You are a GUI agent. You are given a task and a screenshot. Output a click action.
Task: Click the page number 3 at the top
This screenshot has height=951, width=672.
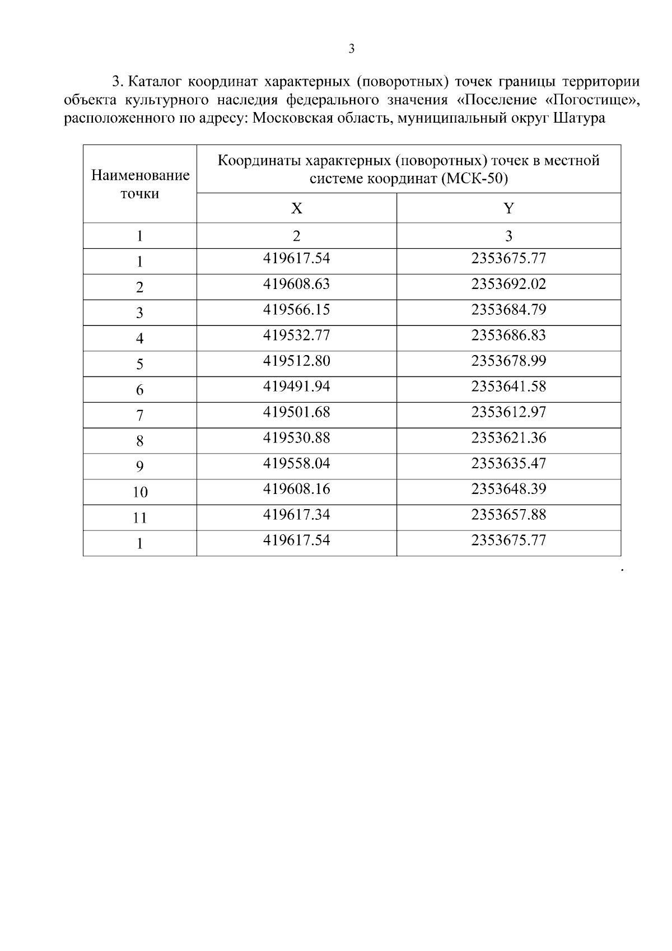(x=352, y=49)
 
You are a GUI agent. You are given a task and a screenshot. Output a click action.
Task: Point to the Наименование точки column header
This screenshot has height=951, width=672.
(x=140, y=184)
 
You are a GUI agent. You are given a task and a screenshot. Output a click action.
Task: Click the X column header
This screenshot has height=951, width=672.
(x=296, y=208)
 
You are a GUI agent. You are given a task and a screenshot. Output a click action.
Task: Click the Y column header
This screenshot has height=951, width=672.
(x=508, y=208)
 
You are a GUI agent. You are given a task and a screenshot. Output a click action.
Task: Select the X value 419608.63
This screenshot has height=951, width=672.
(x=296, y=284)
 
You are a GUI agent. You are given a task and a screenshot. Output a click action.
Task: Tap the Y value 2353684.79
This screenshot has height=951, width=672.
(x=508, y=310)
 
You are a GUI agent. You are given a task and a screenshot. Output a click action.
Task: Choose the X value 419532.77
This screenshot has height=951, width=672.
(x=296, y=335)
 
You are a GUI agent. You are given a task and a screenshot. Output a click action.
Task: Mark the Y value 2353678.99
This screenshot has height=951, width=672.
(x=508, y=361)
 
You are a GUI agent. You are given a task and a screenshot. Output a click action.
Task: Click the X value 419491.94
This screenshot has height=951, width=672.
(x=296, y=386)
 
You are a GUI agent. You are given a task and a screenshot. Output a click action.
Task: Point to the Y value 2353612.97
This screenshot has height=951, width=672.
(x=508, y=412)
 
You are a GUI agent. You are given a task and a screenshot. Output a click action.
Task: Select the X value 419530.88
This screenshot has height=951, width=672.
(x=296, y=438)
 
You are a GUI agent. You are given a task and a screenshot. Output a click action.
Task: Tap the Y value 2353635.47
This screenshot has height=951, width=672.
(x=508, y=464)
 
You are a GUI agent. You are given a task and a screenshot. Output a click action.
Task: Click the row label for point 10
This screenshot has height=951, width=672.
(x=140, y=492)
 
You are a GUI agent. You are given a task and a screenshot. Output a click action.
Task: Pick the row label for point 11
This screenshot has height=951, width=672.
(x=140, y=518)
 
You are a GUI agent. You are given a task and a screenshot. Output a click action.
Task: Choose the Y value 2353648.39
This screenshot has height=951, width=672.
(x=508, y=489)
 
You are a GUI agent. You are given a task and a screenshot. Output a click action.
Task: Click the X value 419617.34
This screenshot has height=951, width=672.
(x=296, y=515)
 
